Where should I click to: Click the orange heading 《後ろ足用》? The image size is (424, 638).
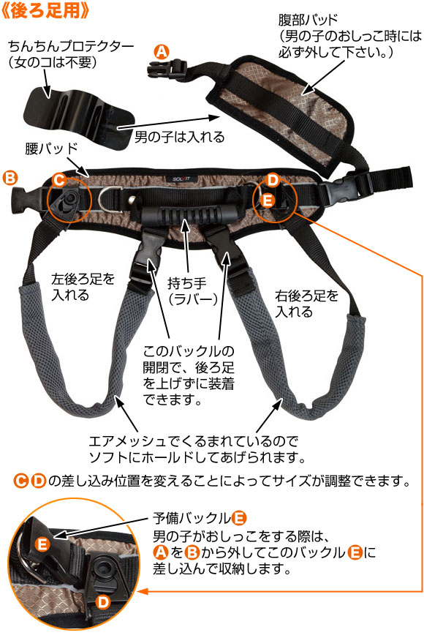(x=45, y=10)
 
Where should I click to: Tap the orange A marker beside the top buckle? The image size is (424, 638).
(x=162, y=53)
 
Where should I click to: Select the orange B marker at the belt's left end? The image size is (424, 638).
(x=10, y=179)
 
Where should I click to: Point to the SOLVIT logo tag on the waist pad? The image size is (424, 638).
(x=181, y=179)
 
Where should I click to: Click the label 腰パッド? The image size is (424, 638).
(x=51, y=149)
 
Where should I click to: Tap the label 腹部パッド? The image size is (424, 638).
(x=308, y=20)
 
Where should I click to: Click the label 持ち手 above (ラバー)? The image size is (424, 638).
(x=187, y=283)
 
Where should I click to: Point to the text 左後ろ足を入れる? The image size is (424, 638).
(x=83, y=287)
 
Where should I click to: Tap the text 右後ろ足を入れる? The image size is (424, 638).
(x=306, y=304)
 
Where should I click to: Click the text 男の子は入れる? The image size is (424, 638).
(x=179, y=137)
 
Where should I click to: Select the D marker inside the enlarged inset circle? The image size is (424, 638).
(x=103, y=601)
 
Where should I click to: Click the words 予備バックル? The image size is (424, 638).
(x=192, y=518)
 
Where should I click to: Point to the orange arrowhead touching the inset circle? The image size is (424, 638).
(x=143, y=590)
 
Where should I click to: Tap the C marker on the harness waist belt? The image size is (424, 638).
(x=59, y=180)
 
